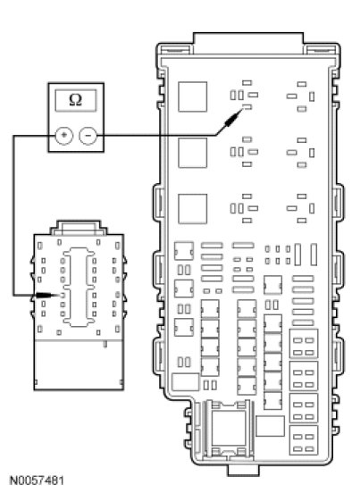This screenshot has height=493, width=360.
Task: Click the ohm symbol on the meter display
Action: click(x=75, y=100)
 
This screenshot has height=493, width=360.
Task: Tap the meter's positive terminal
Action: click(x=63, y=136)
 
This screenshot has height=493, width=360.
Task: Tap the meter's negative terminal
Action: click(x=88, y=136)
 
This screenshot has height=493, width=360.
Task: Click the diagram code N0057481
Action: click(x=37, y=480)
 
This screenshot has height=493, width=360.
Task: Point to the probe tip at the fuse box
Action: click(x=242, y=109)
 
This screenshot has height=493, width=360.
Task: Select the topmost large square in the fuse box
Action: click(x=193, y=96)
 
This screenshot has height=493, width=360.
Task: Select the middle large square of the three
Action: click(x=193, y=153)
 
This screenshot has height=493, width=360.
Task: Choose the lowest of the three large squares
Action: click(x=193, y=209)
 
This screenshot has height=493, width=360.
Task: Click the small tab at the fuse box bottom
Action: click(x=244, y=470)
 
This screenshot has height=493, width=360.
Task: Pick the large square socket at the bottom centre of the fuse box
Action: click(x=229, y=428)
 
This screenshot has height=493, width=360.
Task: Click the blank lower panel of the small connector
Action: click(x=79, y=364)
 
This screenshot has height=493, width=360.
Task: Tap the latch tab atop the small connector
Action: click(x=79, y=228)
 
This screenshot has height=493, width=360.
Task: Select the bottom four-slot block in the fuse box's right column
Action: click(x=304, y=440)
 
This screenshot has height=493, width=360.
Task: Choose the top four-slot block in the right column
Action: click(x=304, y=344)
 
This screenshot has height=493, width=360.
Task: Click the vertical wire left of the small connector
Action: click(x=13, y=215)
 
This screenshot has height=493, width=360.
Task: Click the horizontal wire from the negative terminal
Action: click(x=156, y=136)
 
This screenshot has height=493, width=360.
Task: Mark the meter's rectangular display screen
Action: click(x=76, y=100)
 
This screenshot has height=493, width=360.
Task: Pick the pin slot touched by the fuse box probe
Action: click(x=247, y=107)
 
